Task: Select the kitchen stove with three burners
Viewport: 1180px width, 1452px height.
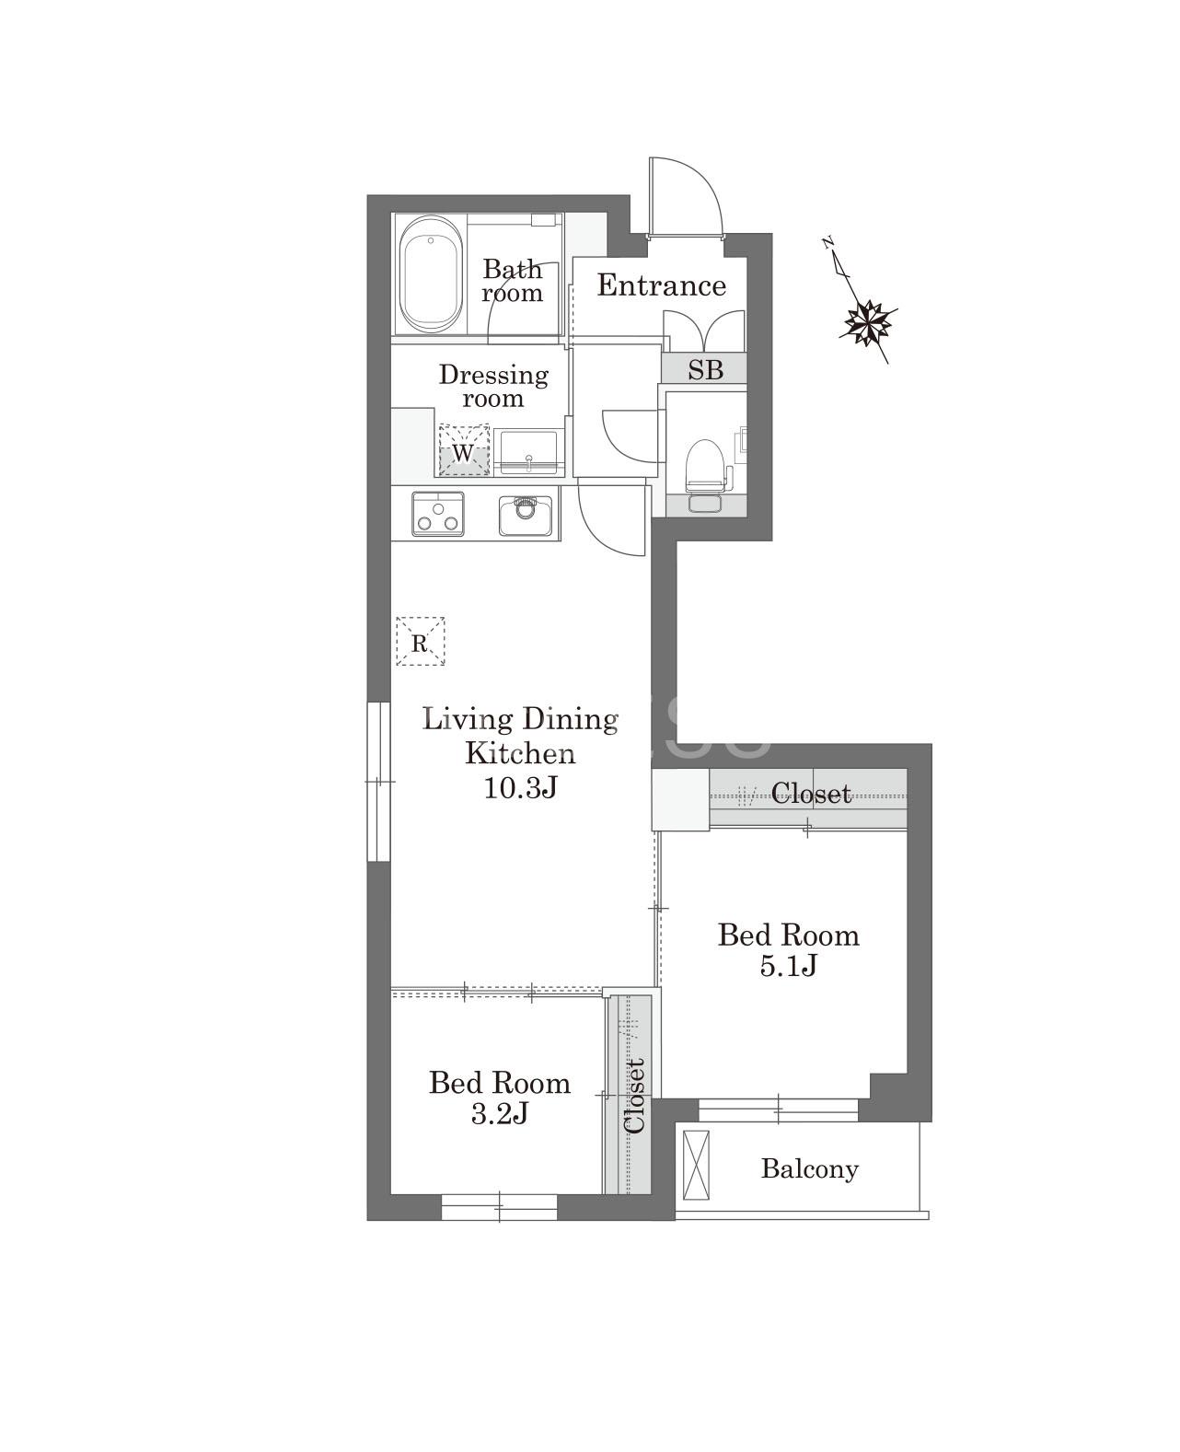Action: (438, 514)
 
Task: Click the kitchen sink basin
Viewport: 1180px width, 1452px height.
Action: (525, 515)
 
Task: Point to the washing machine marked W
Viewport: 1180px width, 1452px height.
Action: (464, 450)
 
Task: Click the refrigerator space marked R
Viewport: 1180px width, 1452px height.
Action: (421, 642)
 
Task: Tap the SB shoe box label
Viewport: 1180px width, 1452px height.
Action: (705, 369)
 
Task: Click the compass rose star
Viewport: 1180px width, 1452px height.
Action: (867, 322)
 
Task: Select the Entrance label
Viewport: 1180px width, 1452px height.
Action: (662, 285)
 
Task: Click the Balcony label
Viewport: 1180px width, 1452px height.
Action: (809, 1168)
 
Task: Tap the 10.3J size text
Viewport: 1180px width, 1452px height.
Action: (521, 788)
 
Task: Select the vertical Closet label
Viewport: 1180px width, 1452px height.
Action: (634, 1097)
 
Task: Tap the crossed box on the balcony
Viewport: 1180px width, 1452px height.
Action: (696, 1165)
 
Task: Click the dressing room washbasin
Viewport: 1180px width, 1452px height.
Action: (528, 451)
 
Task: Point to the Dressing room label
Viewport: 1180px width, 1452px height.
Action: (493, 386)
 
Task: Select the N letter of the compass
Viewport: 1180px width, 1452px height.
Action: (828, 242)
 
